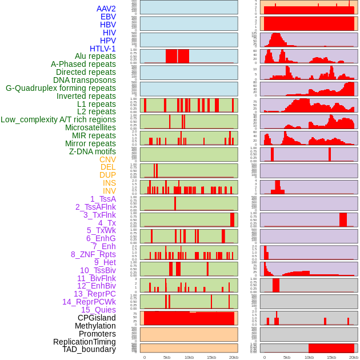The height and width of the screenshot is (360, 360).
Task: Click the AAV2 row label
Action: coord(106,9)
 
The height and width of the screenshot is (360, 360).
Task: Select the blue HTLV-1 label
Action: coord(103,49)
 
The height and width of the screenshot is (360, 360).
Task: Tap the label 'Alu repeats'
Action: coord(95,57)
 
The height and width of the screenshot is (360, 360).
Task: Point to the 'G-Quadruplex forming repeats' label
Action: coord(61,89)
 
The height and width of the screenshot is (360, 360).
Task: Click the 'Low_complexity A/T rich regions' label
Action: coord(58,119)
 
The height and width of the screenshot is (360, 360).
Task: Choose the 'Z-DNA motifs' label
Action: coord(93,151)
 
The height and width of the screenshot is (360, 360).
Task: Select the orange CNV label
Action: coord(107,159)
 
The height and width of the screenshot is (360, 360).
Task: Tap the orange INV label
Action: coord(109,191)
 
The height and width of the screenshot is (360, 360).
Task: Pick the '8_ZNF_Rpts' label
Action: coord(93,254)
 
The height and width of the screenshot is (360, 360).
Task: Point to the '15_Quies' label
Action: coord(98,310)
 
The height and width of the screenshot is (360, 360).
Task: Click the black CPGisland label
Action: coord(97,318)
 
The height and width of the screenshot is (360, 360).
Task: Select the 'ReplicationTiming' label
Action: coord(84,342)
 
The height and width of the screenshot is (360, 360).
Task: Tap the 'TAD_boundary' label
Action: coord(89,349)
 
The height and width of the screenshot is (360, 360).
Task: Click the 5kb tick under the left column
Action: coord(167,357)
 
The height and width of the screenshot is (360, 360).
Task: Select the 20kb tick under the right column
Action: coord(354,357)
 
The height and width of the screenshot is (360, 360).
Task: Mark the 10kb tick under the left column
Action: coord(189,357)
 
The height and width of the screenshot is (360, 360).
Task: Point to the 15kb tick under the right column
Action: coord(331,357)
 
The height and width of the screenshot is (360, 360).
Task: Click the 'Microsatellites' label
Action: coord(90,127)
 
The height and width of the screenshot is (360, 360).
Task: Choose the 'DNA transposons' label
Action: coord(85,81)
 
